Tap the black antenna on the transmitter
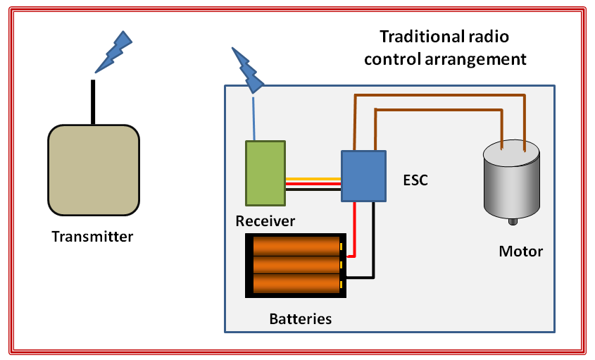pyautogui.click(x=92, y=102)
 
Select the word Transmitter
pyautogui.click(x=92, y=237)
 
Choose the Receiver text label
pyautogui.click(x=265, y=221)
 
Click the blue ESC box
pyautogui.click(x=363, y=176)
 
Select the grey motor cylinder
pyautogui.click(x=511, y=182)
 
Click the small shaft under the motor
pyautogui.click(x=513, y=223)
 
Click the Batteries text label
pyautogui.click(x=300, y=319)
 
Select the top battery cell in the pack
pyautogui.click(x=296, y=246)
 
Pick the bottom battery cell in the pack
pyautogui.click(x=296, y=283)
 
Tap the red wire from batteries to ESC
pyautogui.click(x=356, y=229)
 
